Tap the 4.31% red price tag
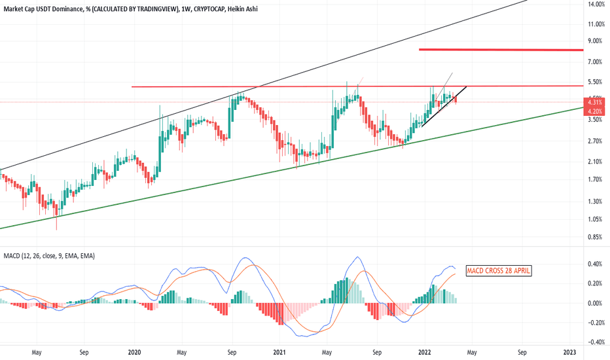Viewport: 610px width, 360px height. point(595,102)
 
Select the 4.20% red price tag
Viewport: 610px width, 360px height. point(595,111)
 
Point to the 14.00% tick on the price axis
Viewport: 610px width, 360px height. point(596,5)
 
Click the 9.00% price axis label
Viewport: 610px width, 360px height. point(596,41)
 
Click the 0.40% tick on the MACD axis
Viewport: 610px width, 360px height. point(594,264)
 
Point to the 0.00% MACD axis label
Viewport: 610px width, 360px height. point(594,303)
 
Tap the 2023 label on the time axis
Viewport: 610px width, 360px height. point(569,352)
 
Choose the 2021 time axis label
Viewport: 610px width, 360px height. point(279,352)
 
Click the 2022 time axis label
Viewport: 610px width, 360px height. point(425,352)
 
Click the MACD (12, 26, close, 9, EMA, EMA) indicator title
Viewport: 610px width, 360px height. point(48,255)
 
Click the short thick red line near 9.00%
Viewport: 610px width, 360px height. point(501,50)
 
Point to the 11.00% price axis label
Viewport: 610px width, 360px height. point(596,24)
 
